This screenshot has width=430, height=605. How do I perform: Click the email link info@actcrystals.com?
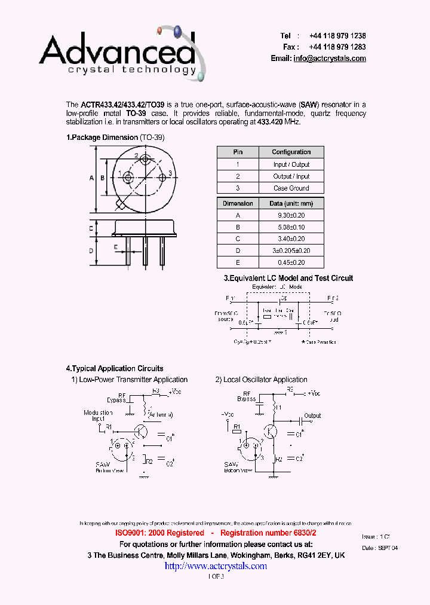(x=329, y=59)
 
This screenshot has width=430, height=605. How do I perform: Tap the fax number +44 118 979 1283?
(x=337, y=47)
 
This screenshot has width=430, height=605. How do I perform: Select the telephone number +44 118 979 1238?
(x=337, y=36)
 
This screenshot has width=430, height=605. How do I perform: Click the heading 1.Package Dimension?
(x=102, y=137)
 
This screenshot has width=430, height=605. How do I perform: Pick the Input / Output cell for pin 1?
(x=291, y=164)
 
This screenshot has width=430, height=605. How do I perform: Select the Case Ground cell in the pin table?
(x=291, y=188)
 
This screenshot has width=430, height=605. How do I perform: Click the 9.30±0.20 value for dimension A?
(x=291, y=215)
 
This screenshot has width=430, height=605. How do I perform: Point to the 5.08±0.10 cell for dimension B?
(x=291, y=227)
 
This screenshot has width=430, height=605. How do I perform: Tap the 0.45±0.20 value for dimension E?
(x=291, y=262)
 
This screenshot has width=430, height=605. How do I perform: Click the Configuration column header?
(x=291, y=152)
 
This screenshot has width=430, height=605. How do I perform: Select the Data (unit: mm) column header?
(x=291, y=204)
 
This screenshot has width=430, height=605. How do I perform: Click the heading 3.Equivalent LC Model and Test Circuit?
(x=288, y=278)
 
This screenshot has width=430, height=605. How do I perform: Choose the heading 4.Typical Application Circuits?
(x=114, y=369)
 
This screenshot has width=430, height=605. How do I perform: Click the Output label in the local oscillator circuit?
(x=312, y=415)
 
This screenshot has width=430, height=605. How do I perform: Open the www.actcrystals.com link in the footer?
(x=216, y=566)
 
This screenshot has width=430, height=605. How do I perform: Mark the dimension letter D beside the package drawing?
(x=91, y=250)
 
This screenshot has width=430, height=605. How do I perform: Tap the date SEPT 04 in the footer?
(x=388, y=548)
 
